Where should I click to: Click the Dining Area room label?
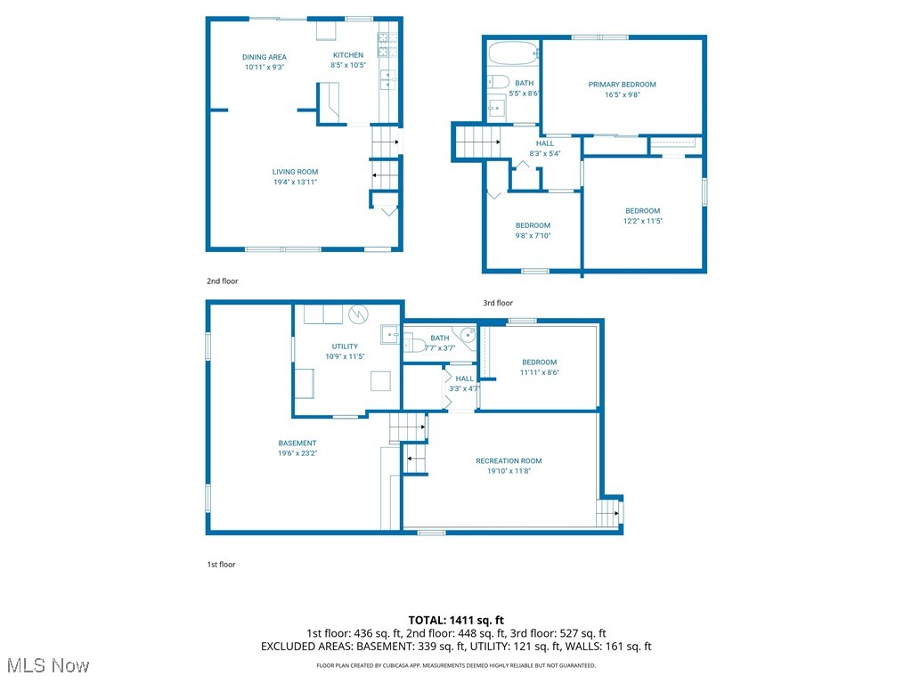[265, 57]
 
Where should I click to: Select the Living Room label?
[295, 172]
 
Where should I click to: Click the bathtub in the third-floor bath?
[513, 53]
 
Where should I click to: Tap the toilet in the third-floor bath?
[498, 82]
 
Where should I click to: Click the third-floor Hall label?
[545, 143]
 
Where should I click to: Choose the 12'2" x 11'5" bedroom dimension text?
[642, 221]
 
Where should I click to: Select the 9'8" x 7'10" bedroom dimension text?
[533, 235]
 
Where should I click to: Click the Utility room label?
[345, 346]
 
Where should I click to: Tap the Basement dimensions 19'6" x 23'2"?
[297, 453]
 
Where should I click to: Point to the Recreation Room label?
[509, 460]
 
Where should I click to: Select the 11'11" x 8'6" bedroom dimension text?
[539, 372]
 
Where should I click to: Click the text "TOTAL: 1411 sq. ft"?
[456, 620]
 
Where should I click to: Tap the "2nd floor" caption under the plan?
[223, 281]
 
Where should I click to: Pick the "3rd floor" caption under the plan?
[498, 303]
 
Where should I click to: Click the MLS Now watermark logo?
[46, 666]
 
